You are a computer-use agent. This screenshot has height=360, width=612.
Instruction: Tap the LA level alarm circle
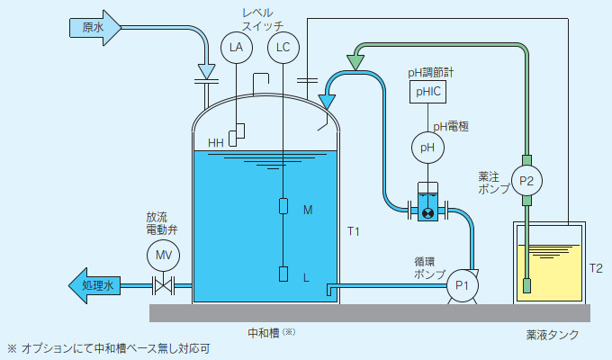point(236,47)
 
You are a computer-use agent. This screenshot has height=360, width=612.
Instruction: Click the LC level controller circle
point(283,47)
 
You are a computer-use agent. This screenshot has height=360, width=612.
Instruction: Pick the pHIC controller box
point(427,91)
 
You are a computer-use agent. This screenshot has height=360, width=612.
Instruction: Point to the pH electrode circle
point(427,147)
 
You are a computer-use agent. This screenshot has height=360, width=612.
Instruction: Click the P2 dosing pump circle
point(526,180)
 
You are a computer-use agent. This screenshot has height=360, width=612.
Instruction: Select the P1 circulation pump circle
point(462,285)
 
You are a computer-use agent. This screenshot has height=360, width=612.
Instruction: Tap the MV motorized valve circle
point(163,256)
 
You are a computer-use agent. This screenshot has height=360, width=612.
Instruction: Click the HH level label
point(216,142)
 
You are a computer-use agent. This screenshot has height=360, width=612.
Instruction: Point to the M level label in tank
point(308,210)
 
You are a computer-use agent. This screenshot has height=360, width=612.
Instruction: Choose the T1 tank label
point(354,232)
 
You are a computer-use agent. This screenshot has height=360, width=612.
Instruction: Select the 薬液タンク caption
point(553,335)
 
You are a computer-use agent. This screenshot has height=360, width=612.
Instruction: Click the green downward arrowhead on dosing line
point(355,62)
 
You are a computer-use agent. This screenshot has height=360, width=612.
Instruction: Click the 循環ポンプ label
point(429,267)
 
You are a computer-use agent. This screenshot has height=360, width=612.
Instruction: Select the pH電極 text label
point(451,127)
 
